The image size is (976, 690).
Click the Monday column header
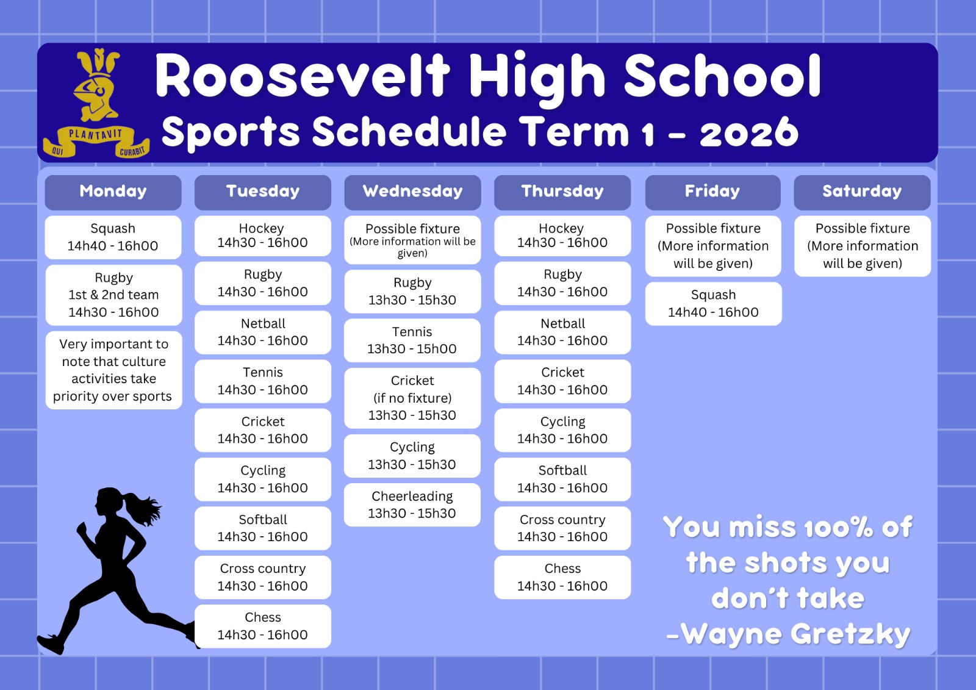(113, 192)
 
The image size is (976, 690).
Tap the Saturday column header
(862, 192)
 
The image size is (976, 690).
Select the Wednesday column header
(412, 192)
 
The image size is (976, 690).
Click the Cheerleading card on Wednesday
(412, 505)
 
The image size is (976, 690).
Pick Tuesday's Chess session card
(263, 626)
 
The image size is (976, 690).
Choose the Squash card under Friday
(713, 303)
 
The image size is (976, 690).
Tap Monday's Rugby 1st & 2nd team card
(113, 295)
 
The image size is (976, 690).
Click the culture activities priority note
(113, 370)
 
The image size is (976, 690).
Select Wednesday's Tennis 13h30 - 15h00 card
(412, 340)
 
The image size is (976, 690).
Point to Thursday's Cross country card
(562, 528)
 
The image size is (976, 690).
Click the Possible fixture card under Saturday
(863, 246)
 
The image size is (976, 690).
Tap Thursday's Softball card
(562, 479)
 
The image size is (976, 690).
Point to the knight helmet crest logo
(95, 85)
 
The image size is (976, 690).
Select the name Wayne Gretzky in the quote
(795, 634)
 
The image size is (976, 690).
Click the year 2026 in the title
(749, 132)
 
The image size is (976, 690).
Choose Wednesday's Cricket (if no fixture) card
(412, 398)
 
